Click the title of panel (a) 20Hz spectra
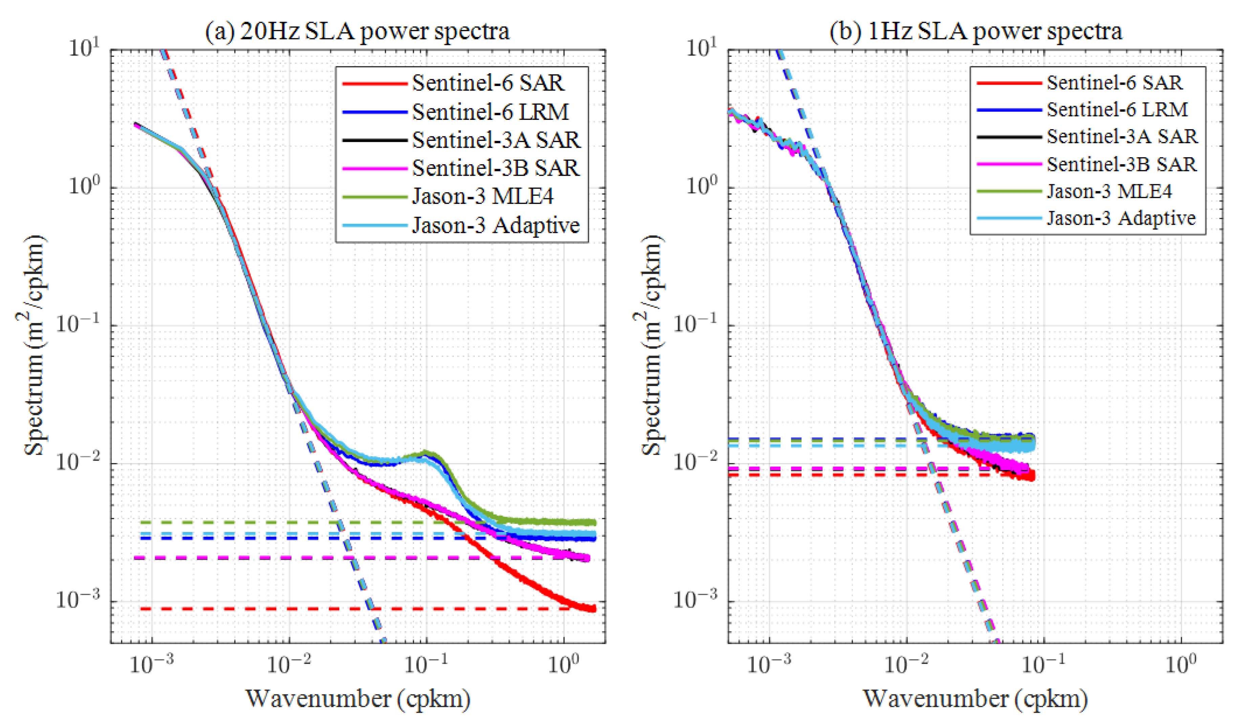point(358,31)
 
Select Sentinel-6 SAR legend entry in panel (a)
point(488,83)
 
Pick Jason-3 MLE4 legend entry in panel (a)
point(483,197)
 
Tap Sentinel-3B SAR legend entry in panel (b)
point(1121,164)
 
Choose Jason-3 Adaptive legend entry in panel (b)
point(1121,218)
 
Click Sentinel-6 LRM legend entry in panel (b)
point(1117,109)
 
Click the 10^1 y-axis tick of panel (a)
point(84,49)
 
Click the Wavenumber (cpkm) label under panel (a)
point(358,699)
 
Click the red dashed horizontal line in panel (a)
point(297,608)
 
